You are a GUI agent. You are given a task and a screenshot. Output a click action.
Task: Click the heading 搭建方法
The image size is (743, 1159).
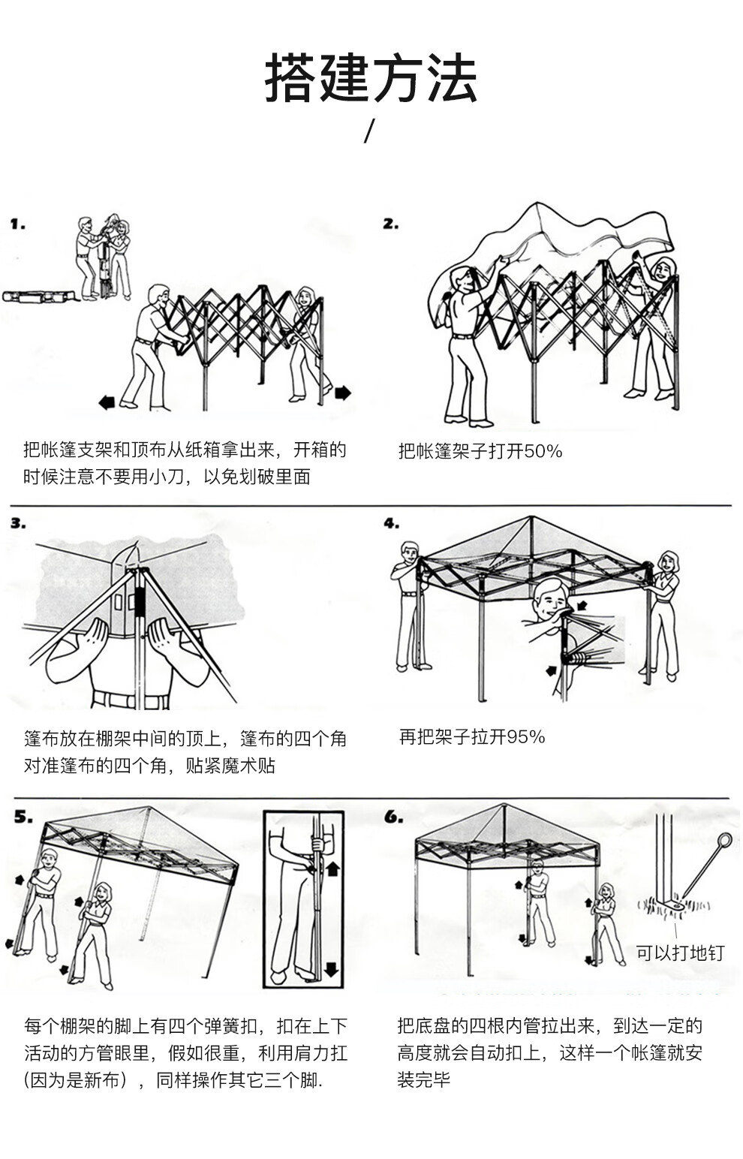(x=371, y=79)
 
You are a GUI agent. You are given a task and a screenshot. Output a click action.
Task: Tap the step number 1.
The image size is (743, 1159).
(x=18, y=224)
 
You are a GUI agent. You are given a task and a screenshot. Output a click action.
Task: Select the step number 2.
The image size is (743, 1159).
(x=390, y=223)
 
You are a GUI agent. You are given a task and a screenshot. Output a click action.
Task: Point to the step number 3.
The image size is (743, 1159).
(x=18, y=522)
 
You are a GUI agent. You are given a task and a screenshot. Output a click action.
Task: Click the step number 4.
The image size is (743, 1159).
(x=391, y=522)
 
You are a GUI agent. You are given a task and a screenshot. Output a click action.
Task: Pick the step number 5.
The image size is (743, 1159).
(x=23, y=817)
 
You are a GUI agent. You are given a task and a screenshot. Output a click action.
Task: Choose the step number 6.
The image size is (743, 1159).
(x=393, y=817)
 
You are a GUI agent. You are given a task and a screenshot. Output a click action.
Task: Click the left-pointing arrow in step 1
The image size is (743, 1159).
(x=107, y=402)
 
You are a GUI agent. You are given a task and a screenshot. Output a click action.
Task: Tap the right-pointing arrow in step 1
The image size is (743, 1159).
(x=342, y=393)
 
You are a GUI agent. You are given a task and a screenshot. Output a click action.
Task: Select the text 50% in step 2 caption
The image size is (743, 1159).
(x=543, y=451)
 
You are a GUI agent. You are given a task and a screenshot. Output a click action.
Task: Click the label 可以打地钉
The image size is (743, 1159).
(x=680, y=953)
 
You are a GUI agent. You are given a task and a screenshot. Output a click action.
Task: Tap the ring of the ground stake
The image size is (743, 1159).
(x=724, y=840)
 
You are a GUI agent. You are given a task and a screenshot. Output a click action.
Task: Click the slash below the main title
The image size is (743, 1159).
(x=368, y=131)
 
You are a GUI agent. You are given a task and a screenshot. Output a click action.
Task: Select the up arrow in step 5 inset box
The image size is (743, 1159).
(x=332, y=868)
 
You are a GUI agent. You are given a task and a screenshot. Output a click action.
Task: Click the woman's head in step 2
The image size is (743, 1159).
(x=664, y=269)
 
